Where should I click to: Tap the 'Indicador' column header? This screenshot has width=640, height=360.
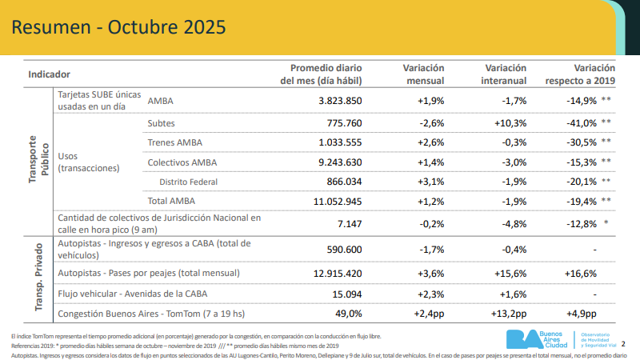tap(50, 74)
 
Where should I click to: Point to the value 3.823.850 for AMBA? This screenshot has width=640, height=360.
tap(340, 101)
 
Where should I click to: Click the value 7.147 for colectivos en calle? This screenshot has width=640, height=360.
tap(350, 224)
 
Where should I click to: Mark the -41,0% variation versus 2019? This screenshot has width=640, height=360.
tap(578, 123)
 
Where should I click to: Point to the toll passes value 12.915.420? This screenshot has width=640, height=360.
tap(337, 274)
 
